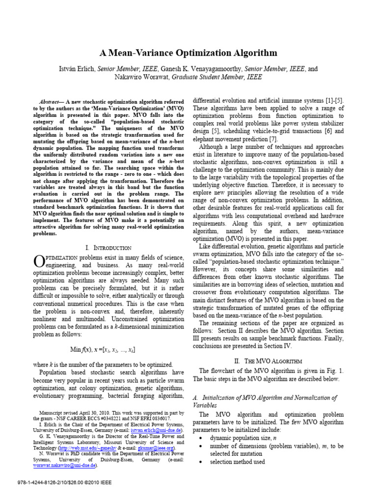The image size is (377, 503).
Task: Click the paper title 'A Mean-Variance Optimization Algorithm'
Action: [x=188, y=53]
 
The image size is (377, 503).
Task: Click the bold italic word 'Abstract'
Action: [x=51, y=99]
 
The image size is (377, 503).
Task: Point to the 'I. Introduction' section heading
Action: [x=108, y=248]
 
